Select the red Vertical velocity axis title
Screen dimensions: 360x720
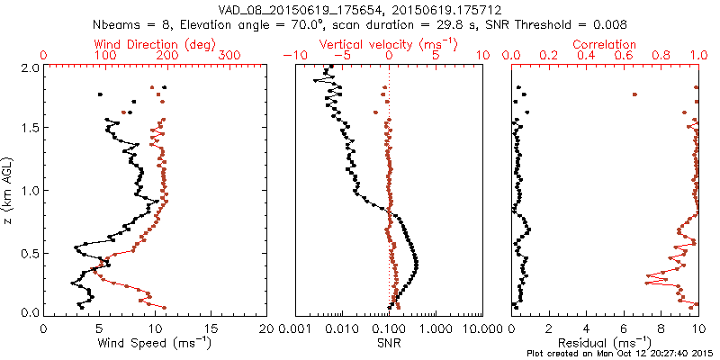388,44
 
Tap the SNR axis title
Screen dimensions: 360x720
388,343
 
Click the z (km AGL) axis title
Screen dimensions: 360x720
10,190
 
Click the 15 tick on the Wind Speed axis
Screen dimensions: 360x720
211,328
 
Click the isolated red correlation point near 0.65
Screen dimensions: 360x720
634,94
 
